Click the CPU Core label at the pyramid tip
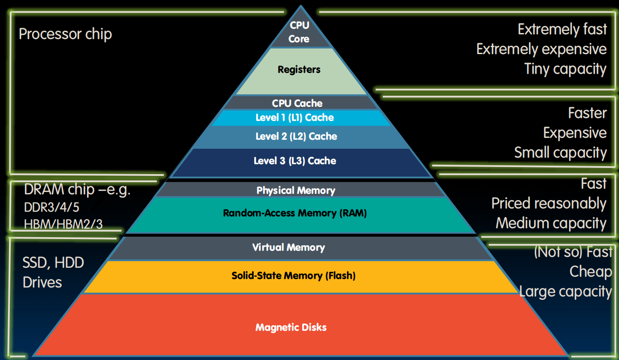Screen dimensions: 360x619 [x=299, y=32]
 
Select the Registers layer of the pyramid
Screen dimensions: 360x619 [x=299, y=70]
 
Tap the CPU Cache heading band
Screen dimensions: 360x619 [x=297, y=103]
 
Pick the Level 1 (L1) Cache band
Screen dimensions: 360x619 [x=295, y=118]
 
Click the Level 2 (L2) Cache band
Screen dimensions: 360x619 [x=297, y=136]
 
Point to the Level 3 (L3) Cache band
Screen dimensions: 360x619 [x=295, y=161]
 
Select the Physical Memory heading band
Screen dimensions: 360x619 [x=296, y=190]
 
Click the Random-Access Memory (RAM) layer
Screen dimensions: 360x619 [x=295, y=213]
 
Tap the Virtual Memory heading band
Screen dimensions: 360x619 [x=289, y=248]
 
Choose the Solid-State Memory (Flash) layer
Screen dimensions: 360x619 [x=293, y=276]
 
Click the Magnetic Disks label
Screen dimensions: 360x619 [x=291, y=327]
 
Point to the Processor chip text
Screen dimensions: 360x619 [x=65, y=34]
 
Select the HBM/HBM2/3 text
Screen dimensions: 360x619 [x=64, y=224]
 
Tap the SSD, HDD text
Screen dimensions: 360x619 [x=53, y=263]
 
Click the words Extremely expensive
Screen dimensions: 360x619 [x=541, y=49]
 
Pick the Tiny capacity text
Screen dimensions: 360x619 [x=565, y=69]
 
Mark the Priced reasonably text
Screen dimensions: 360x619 [x=549, y=203]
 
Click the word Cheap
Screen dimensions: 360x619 [x=590, y=272]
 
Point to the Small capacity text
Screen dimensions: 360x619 [x=560, y=152]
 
